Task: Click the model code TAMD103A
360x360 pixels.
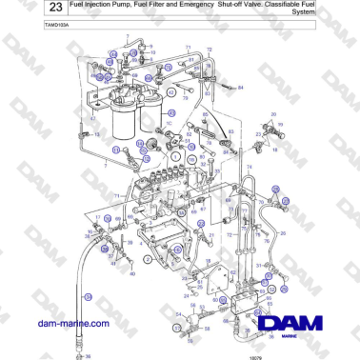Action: (x=30, y=30)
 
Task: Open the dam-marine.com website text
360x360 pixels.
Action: (x=66, y=324)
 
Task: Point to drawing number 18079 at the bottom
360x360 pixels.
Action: (x=254, y=355)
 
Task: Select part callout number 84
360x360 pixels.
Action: (x=241, y=87)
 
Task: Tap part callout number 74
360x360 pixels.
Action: (x=250, y=168)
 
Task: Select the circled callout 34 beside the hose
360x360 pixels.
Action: (x=89, y=298)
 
